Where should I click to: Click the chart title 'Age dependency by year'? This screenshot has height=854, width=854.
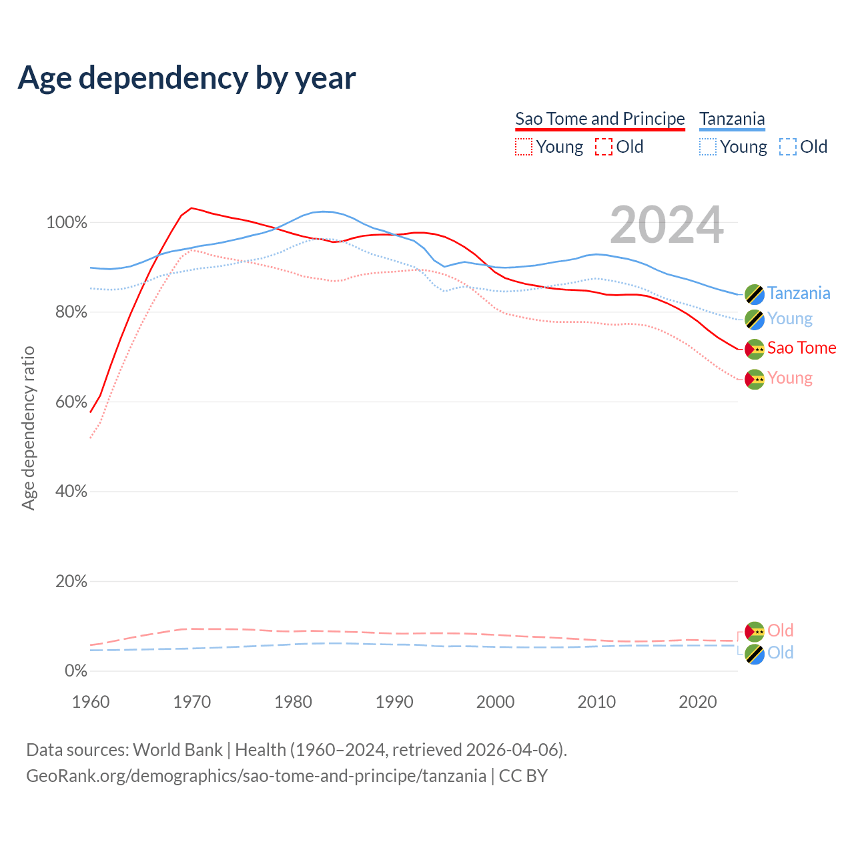[x=187, y=78]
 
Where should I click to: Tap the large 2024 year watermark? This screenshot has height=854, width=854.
[x=667, y=226]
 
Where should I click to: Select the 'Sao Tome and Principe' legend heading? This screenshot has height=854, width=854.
[x=600, y=119]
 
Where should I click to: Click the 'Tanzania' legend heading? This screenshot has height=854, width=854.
[x=732, y=119]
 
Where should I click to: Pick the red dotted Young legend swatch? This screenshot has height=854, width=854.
[x=524, y=147]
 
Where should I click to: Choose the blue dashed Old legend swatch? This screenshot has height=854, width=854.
[x=787, y=147]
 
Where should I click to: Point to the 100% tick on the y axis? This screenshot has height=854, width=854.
[x=67, y=223]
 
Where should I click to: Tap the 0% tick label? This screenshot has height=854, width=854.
[x=75, y=671]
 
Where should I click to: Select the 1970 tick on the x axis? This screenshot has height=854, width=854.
[x=192, y=702]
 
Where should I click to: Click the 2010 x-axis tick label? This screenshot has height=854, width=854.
[x=596, y=702]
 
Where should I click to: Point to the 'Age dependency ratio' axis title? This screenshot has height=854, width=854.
[x=28, y=428]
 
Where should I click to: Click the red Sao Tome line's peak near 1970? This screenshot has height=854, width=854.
[x=191, y=208]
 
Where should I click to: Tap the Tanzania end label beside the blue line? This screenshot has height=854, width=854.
[x=799, y=294]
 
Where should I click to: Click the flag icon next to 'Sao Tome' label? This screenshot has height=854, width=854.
[x=755, y=349]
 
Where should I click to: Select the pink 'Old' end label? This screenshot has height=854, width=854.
[x=780, y=630]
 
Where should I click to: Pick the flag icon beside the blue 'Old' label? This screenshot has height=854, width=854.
[x=755, y=654]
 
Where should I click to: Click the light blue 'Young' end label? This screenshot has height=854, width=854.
[x=790, y=319]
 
